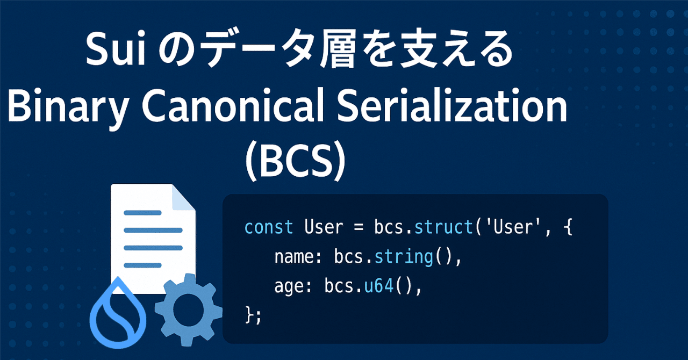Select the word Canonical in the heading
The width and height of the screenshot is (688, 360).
point(229,108)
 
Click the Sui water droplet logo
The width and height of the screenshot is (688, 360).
point(115,315)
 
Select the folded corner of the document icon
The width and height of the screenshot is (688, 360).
point(183,197)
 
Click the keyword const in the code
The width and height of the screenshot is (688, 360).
point(269,227)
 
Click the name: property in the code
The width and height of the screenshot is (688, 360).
point(297,257)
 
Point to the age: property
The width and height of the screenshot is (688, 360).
point(292,287)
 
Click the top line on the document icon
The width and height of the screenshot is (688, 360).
point(143,213)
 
